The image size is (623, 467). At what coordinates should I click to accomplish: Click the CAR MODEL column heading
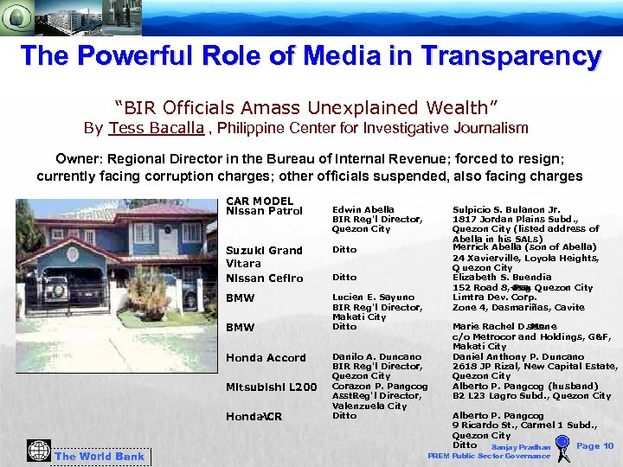point(259,202)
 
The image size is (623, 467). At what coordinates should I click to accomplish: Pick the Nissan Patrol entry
point(264,211)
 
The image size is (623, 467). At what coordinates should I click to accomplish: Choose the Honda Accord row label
point(266,358)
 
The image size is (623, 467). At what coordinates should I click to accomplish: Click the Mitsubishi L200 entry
point(271,387)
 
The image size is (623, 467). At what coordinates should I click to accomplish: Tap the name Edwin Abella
point(363,209)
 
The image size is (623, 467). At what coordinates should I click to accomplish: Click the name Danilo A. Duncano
point(376,356)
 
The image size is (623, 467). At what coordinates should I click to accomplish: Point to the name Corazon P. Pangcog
point(380,387)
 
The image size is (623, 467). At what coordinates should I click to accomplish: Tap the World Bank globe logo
point(39,451)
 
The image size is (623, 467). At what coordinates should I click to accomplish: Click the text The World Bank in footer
point(100,457)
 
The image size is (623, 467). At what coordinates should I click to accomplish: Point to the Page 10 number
point(594,446)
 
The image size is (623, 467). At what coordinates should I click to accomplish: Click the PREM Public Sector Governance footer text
point(488,456)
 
